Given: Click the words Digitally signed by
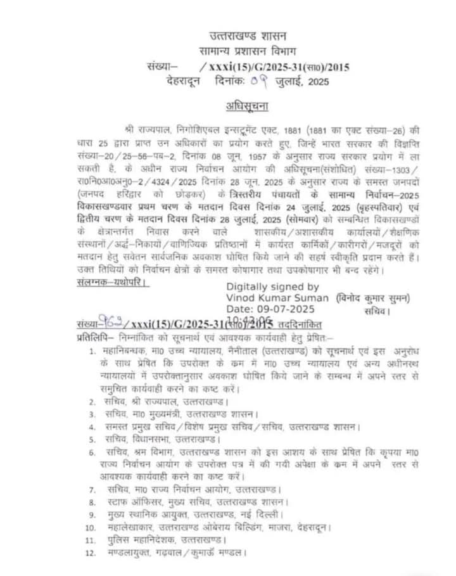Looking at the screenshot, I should [x=273, y=286].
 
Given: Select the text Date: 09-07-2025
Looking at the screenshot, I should [x=270, y=309].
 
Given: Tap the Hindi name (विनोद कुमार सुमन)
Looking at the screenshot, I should [x=374, y=298].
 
